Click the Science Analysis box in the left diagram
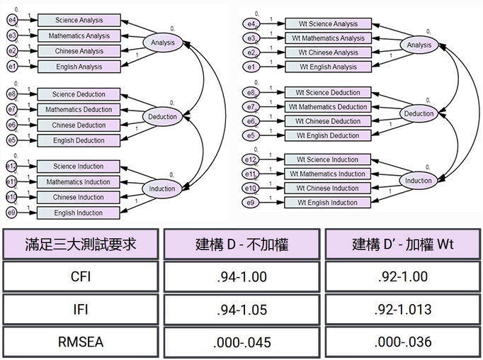(79, 21)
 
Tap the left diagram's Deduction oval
(162, 116)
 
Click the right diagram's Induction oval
(418, 181)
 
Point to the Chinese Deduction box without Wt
(79, 125)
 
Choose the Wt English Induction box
(326, 203)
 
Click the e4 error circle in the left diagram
(13, 21)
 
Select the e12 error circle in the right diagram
(249, 160)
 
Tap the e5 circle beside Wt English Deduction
(250, 135)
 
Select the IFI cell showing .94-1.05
(241, 310)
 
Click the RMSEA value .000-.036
(401, 342)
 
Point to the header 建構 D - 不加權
(241, 244)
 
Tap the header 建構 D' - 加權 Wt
(401, 244)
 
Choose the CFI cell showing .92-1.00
(401, 276)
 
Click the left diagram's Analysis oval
(162, 43)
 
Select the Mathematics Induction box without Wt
(79, 182)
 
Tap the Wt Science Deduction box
(326, 93)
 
